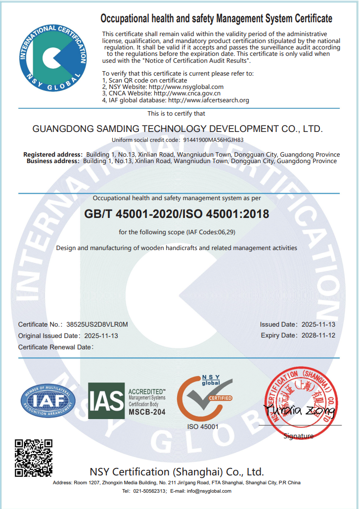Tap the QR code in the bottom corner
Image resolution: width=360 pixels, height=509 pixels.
click(33, 458)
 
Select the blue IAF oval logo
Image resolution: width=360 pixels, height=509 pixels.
click(48, 400)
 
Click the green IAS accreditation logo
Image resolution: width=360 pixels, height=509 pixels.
click(106, 401)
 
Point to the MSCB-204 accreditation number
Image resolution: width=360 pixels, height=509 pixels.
click(147, 411)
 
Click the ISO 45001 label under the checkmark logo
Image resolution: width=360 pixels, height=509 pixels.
click(203, 426)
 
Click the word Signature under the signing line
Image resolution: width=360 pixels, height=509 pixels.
click(299, 436)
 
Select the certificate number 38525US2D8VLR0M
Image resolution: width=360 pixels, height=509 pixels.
click(97, 325)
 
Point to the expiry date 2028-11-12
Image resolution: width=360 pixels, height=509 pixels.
click(318, 336)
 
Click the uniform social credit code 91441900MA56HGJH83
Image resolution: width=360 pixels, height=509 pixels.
click(214, 140)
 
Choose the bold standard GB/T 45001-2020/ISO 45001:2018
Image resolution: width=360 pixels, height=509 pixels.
click(177, 214)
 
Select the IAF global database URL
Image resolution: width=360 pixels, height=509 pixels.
click(208, 100)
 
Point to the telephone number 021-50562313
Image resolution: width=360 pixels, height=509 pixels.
click(149, 491)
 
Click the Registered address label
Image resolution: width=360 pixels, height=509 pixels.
click(53, 155)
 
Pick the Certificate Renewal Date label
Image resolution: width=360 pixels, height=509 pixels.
click(55, 347)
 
